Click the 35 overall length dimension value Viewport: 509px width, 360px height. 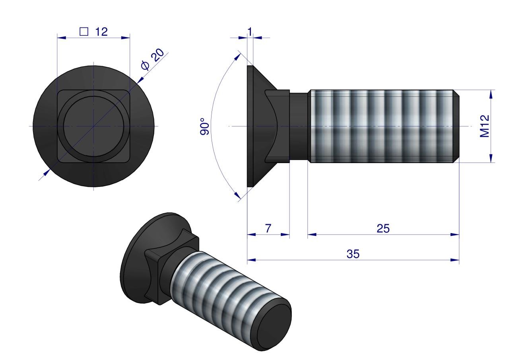(x=353, y=254)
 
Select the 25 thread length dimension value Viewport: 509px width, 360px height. (x=383, y=228)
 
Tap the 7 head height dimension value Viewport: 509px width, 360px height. (x=268, y=228)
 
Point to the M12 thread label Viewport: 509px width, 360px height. (x=484, y=126)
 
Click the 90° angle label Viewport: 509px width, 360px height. (x=205, y=126)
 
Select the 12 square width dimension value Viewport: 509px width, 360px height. (x=101, y=32)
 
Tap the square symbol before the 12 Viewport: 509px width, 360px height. (x=84, y=32)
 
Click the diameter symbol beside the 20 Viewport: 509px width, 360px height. (x=145, y=66)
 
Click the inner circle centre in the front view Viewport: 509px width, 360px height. (x=93, y=126)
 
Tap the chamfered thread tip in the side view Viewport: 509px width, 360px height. (x=457, y=126)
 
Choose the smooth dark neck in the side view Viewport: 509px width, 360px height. (x=298, y=126)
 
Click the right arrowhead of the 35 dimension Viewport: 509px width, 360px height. (x=455, y=260)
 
